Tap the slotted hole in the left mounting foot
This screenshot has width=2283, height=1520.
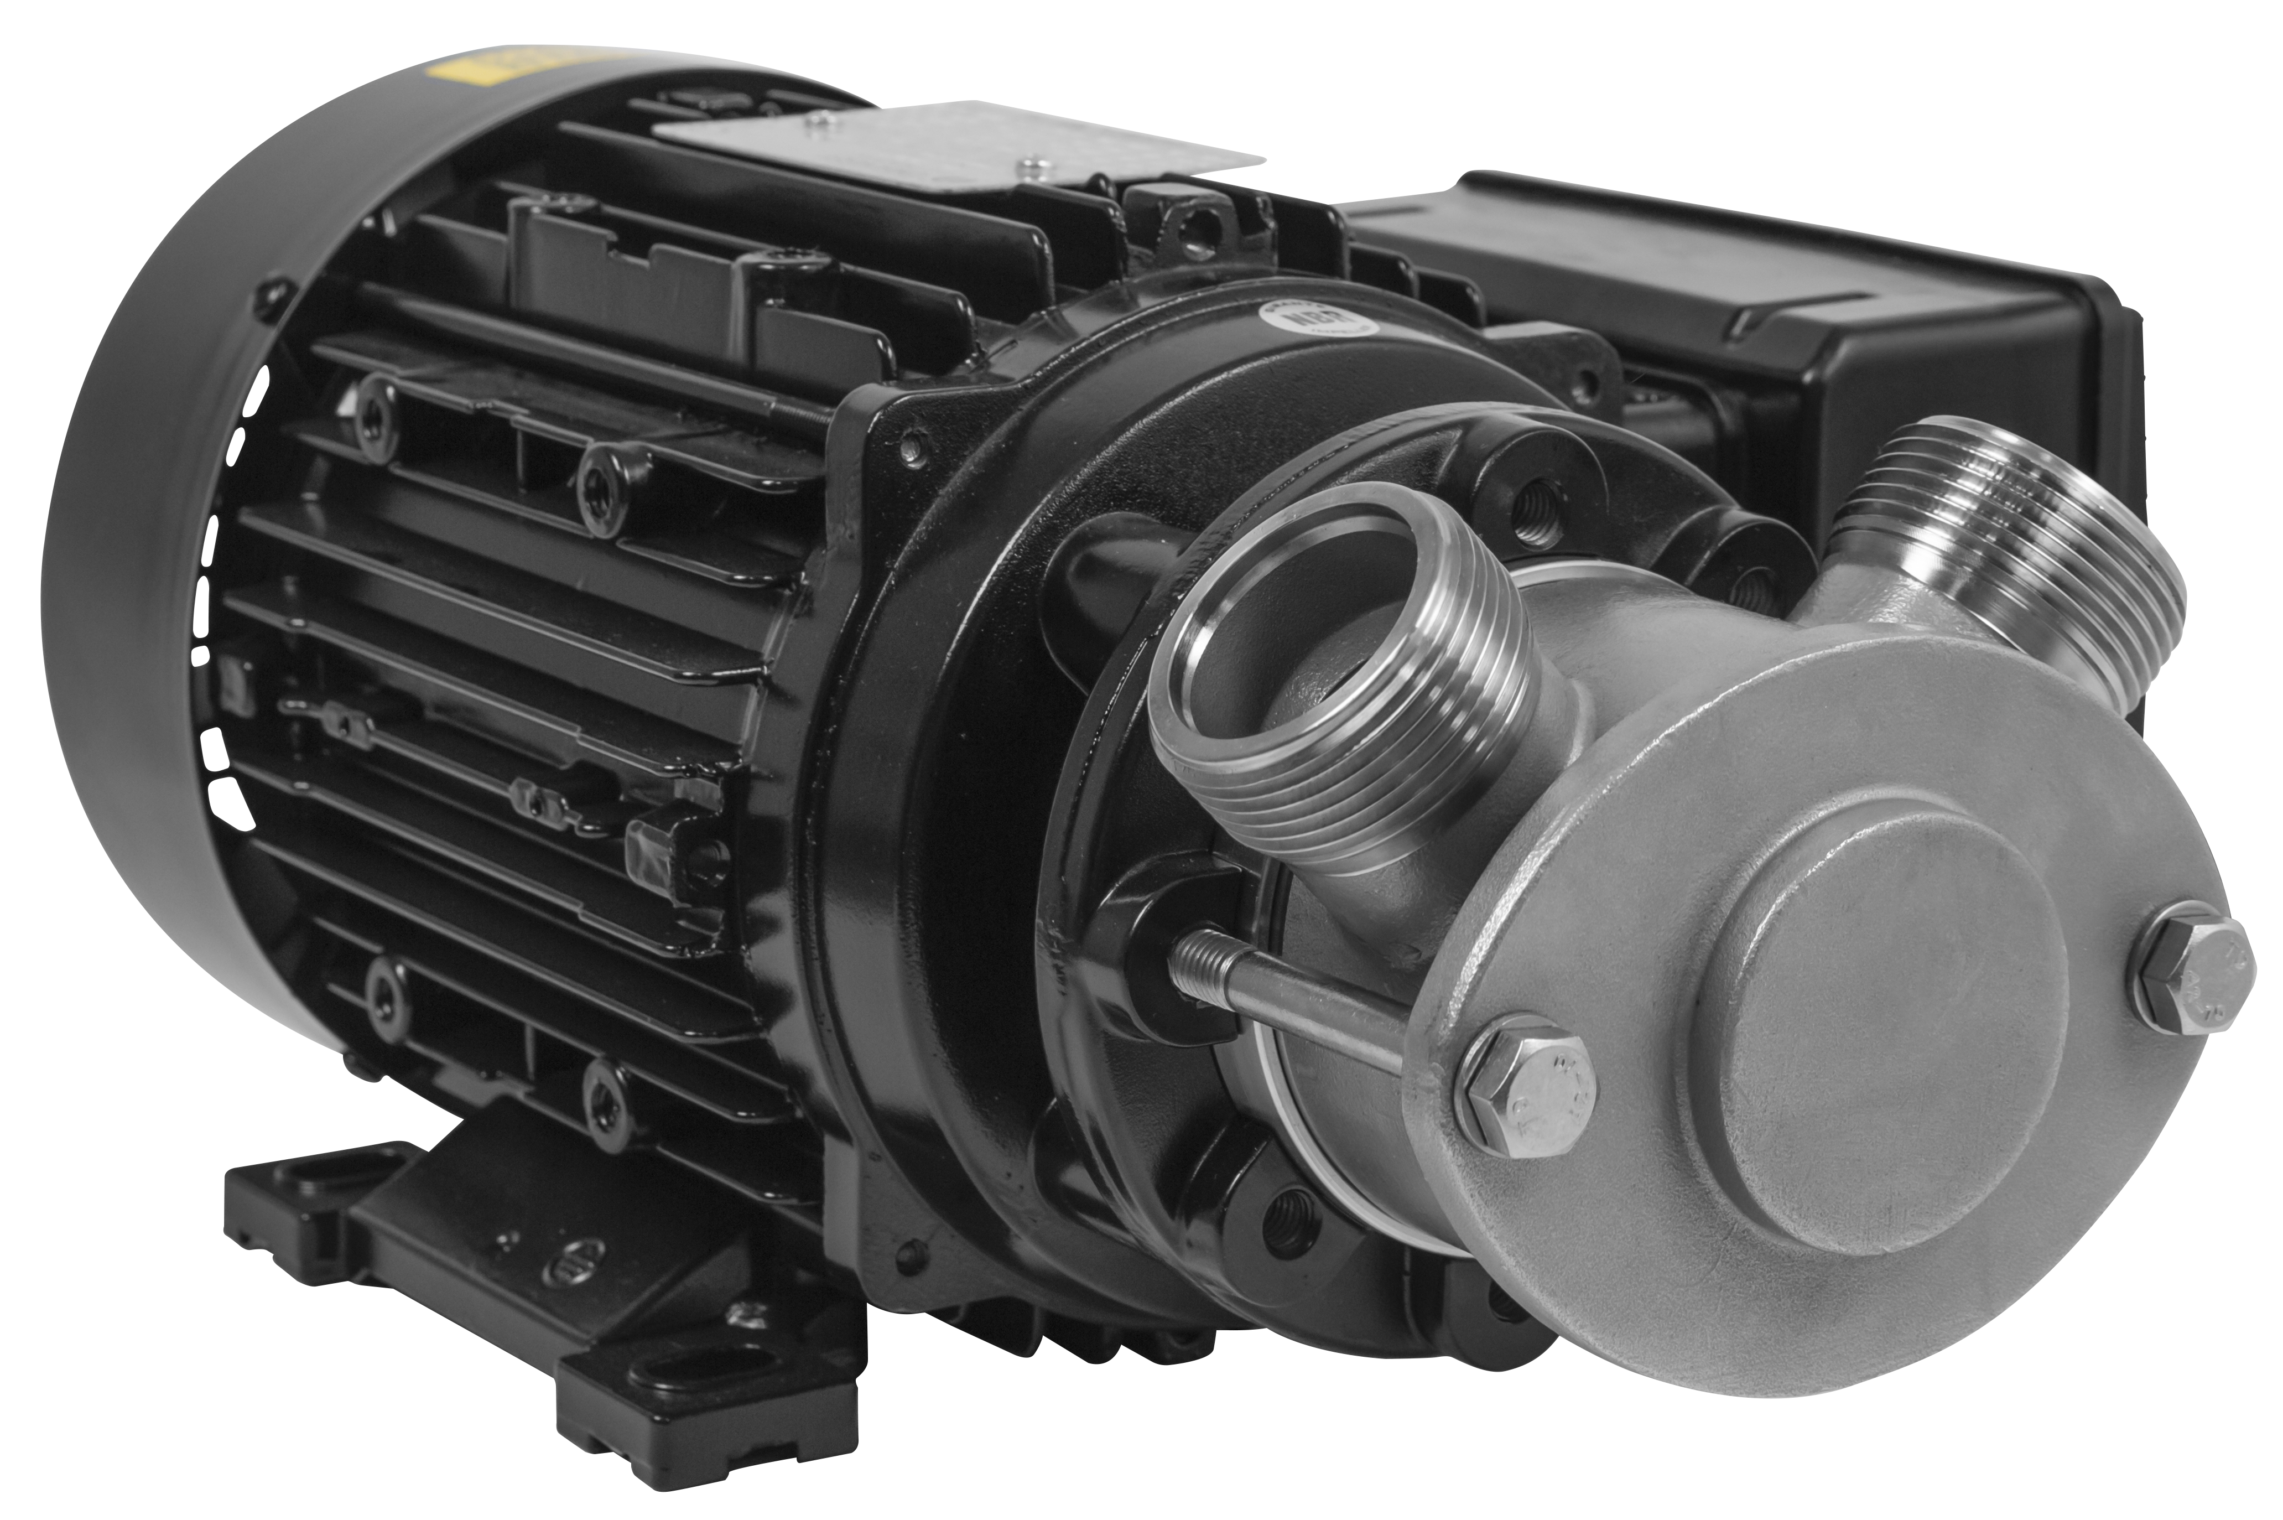point(315,1182)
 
